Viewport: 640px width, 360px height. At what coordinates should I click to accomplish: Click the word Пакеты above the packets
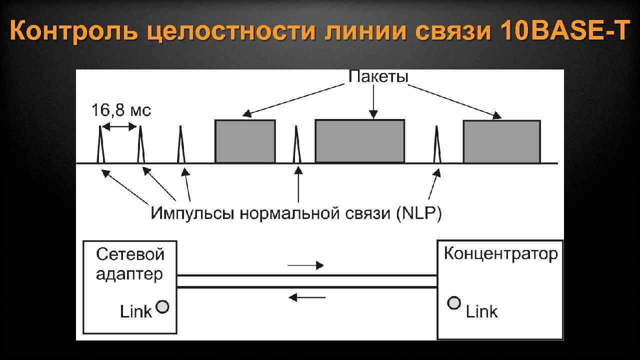point(378,77)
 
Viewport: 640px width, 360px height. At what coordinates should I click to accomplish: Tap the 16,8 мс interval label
point(120,110)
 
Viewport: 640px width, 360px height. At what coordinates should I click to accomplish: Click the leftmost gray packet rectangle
point(245,141)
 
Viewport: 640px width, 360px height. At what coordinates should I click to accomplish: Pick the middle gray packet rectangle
point(359,141)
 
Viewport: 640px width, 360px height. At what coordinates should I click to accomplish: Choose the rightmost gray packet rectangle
point(501,142)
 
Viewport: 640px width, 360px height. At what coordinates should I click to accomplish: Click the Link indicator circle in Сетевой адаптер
point(163,306)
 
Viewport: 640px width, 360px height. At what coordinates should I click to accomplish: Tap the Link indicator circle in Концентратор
point(454,303)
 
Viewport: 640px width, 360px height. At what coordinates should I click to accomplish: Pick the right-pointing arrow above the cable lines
point(306,265)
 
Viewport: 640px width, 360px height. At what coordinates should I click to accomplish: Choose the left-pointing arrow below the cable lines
point(307,297)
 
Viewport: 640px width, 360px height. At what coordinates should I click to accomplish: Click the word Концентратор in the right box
point(500,253)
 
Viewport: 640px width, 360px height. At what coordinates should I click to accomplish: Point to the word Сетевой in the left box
point(130,254)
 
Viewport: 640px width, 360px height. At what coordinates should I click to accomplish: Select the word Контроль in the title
point(75,32)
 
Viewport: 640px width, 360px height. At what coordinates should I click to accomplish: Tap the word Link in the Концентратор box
point(481,312)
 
